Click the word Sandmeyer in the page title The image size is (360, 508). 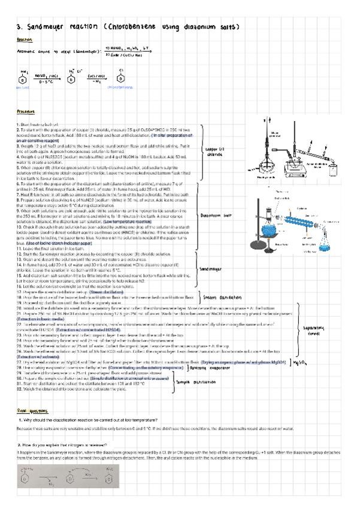click(46, 28)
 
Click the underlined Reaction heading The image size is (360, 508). click(23, 40)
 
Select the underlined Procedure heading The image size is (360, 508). click(25, 112)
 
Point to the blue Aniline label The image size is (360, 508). click(22, 87)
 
